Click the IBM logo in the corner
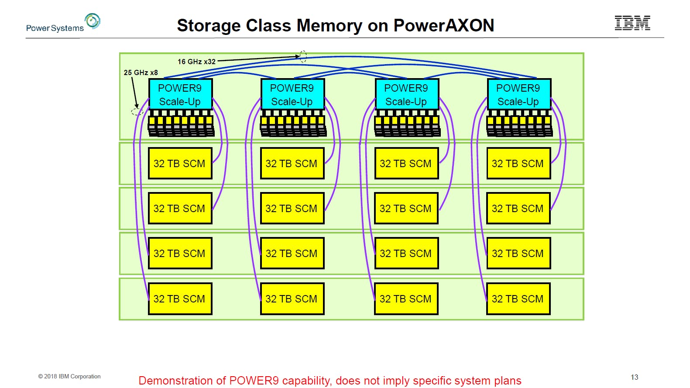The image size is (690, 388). click(x=632, y=23)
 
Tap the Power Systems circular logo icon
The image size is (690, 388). click(x=93, y=21)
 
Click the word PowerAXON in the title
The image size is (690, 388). click(x=443, y=26)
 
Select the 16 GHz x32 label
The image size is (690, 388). click(x=196, y=62)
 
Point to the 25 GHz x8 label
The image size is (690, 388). click(x=141, y=72)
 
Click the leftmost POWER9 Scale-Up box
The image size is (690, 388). click(x=180, y=94)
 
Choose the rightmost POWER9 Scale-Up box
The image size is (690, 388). click(x=518, y=94)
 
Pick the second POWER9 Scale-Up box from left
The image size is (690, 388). click(x=292, y=94)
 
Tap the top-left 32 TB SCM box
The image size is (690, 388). click(x=180, y=163)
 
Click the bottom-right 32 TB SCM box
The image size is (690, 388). click(x=518, y=299)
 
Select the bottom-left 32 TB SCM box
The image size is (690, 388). click(x=180, y=299)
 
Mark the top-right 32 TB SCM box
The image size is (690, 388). click(x=518, y=163)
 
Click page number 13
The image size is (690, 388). click(x=634, y=377)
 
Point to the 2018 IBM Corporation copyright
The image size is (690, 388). click(x=69, y=376)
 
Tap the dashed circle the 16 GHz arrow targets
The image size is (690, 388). click(x=303, y=56)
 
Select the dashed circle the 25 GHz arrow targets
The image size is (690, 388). click(x=137, y=112)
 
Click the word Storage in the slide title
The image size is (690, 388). click(x=209, y=26)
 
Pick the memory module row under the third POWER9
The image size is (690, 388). click(x=407, y=124)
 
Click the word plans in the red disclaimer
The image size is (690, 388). click(x=508, y=381)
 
